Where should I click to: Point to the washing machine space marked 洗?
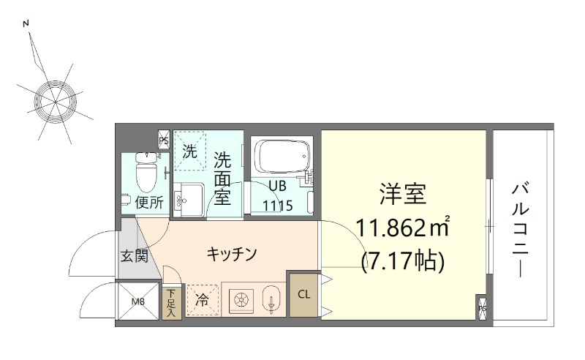(189, 152)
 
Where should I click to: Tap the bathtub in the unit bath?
(281, 156)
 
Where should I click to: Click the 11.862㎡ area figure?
(403, 228)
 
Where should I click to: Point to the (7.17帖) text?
(403, 260)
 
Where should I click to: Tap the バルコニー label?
(520, 228)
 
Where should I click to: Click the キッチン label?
(231, 254)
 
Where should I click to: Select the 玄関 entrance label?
(135, 256)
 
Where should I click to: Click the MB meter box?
(138, 300)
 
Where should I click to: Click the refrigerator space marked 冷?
(201, 300)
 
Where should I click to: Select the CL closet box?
(303, 294)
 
